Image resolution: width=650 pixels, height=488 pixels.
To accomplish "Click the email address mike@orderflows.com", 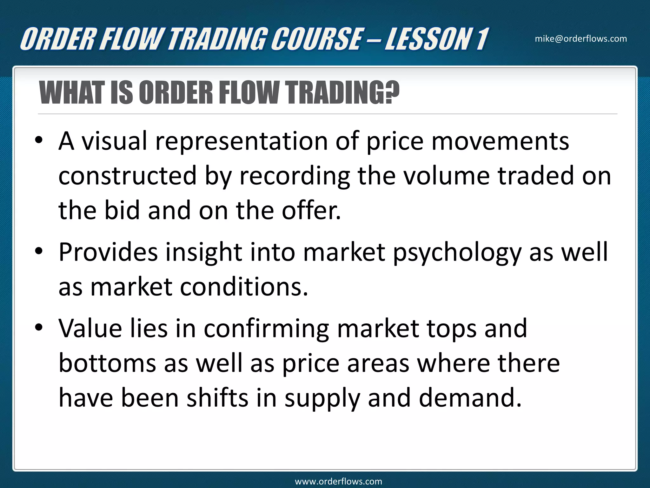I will pyautogui.click(x=581, y=39).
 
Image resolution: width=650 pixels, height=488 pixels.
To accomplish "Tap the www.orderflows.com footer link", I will pyautogui.click(x=338, y=481).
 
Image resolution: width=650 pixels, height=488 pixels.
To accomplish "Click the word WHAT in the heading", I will pyautogui.click(x=73, y=93).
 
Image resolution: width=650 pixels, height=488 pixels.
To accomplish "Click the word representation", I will pyautogui.click(x=241, y=142).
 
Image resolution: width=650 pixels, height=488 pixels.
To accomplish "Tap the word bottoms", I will pyautogui.click(x=107, y=363).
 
